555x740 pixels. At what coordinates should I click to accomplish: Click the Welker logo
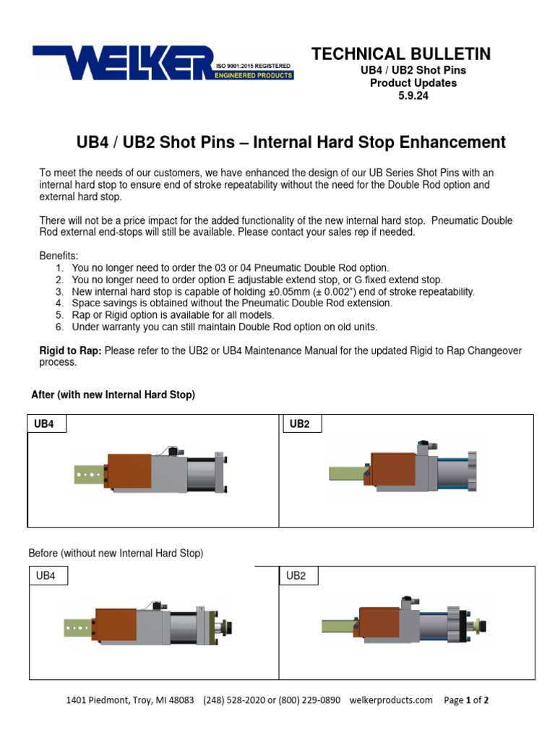123,62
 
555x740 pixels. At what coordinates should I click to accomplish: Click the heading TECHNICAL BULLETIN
401,54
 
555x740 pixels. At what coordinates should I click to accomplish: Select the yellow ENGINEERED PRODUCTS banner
254,75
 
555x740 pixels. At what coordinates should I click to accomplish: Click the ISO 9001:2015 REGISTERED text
254,66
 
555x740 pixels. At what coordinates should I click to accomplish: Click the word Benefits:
59,256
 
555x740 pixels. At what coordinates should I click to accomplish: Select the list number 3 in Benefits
59,291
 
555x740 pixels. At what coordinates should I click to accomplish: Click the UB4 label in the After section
45,423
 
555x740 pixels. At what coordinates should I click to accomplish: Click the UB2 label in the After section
300,423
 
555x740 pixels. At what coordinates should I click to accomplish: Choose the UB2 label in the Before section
298,576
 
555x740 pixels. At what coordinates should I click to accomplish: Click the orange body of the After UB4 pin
130,473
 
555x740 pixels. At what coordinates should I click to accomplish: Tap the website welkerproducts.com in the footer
390,700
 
